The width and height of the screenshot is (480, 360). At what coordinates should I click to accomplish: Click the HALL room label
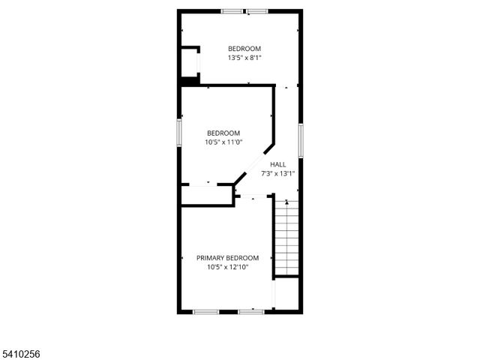(277, 164)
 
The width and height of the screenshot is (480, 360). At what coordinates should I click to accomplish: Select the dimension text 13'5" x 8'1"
(244, 57)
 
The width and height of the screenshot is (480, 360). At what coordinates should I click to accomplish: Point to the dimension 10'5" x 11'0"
(223, 142)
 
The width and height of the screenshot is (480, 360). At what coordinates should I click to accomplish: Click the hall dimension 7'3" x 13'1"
(277, 173)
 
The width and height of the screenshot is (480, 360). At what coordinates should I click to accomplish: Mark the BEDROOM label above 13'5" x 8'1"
(244, 48)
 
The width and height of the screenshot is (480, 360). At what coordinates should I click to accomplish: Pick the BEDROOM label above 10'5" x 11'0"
(223, 133)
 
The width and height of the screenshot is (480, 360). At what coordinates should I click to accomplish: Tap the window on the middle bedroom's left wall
(179, 133)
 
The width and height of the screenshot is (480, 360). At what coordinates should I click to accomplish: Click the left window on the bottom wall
(205, 310)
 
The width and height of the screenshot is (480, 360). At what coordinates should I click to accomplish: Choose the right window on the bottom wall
(251, 310)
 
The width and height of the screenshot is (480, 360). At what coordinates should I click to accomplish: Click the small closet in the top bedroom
(190, 62)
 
